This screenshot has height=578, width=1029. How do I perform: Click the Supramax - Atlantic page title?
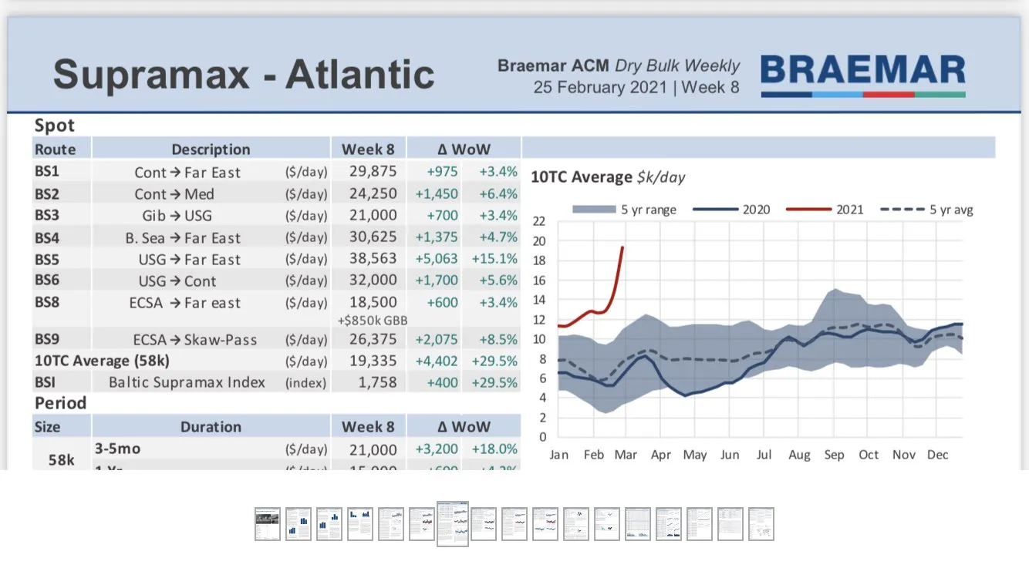[244, 75]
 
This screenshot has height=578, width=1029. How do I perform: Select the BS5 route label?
[47, 259]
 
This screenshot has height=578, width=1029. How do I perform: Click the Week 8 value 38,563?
[373, 259]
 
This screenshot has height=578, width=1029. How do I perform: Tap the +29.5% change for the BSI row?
[498, 382]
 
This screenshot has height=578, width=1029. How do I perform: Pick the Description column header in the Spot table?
[211, 149]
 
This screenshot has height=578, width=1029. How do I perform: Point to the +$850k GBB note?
[373, 320]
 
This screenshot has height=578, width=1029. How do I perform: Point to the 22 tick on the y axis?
[539, 221]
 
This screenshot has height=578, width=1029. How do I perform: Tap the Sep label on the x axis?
[834, 455]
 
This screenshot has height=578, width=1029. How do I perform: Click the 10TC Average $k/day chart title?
[608, 177]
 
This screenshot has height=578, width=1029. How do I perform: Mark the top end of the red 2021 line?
[622, 247]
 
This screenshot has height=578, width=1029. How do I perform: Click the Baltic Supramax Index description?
[187, 382]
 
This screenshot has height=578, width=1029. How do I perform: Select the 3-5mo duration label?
[117, 448]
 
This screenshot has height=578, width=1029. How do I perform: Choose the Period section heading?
[60, 403]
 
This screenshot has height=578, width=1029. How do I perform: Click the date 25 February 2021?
[599, 87]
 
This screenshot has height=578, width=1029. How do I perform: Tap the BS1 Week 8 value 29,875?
[373, 172]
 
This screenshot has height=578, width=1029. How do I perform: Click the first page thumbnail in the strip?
[268, 524]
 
